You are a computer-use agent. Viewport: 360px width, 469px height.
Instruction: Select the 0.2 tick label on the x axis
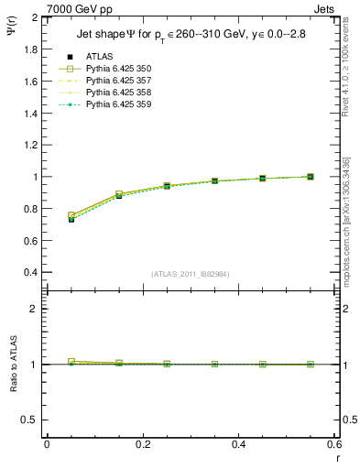click(142, 445)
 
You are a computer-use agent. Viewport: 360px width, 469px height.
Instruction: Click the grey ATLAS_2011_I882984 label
click(191, 274)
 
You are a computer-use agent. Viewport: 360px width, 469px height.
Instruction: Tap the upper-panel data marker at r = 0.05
click(71, 219)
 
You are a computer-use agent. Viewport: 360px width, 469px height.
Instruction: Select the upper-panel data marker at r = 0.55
click(311, 177)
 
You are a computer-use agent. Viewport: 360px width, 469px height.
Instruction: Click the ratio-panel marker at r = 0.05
click(71, 362)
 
